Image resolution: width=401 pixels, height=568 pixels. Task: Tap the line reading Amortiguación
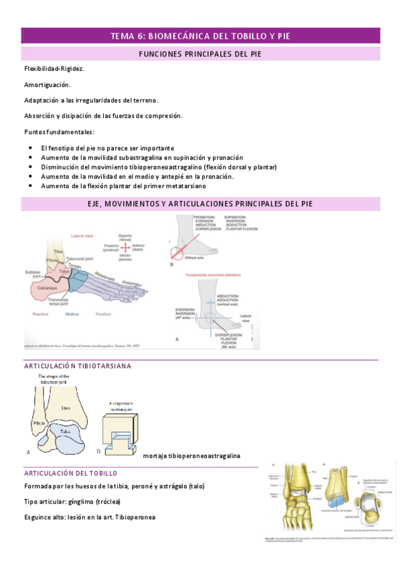[47, 84]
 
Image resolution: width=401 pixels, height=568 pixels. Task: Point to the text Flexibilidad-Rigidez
[54, 69]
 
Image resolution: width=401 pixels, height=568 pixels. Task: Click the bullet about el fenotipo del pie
[107, 148]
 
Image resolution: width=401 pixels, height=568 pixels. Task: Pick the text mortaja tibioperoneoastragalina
[191, 455]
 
